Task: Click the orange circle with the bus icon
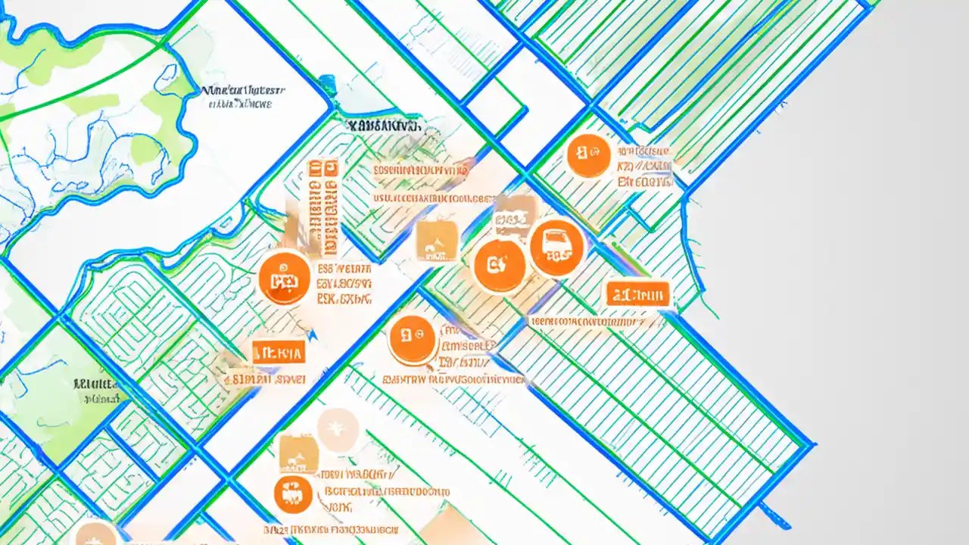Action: [557, 248]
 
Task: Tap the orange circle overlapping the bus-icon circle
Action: [500, 266]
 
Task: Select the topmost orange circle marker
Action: [588, 156]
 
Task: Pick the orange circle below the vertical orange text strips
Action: [285, 278]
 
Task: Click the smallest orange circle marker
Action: [293, 494]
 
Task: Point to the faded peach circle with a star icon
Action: [338, 430]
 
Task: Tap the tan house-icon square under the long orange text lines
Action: [436, 241]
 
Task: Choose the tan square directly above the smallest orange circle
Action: [298, 453]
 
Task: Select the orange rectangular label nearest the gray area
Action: [637, 294]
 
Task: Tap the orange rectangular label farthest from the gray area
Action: [278, 352]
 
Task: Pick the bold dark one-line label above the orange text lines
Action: [383, 126]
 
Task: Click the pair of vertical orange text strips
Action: [322, 206]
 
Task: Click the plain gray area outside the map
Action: [871, 265]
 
